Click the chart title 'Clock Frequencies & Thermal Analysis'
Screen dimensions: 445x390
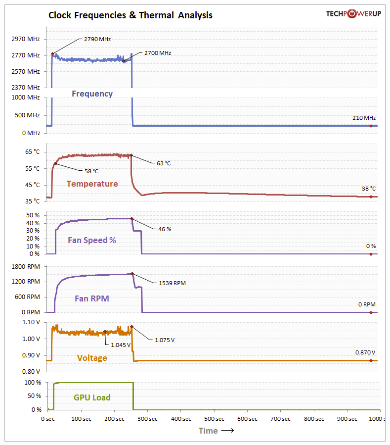[x=130, y=15]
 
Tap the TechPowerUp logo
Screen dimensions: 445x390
[x=353, y=13]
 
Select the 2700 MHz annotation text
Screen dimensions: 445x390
[x=158, y=53]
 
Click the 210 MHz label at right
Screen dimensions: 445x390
[x=363, y=118]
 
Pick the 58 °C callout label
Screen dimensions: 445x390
[x=91, y=171]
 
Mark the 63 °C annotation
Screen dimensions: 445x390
[x=164, y=163]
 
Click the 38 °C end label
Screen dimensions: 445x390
[x=369, y=189]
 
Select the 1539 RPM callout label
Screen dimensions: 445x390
[x=173, y=283]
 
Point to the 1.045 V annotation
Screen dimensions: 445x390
[x=121, y=345]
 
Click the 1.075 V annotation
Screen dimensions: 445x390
[x=165, y=340]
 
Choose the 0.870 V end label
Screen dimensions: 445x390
[x=365, y=352]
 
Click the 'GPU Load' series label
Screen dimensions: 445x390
[x=92, y=397]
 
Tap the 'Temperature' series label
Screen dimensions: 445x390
[x=92, y=184]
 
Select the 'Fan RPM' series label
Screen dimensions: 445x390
[x=92, y=298]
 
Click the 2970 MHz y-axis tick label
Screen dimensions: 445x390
[x=26, y=39]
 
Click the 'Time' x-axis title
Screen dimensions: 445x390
[x=208, y=431]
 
